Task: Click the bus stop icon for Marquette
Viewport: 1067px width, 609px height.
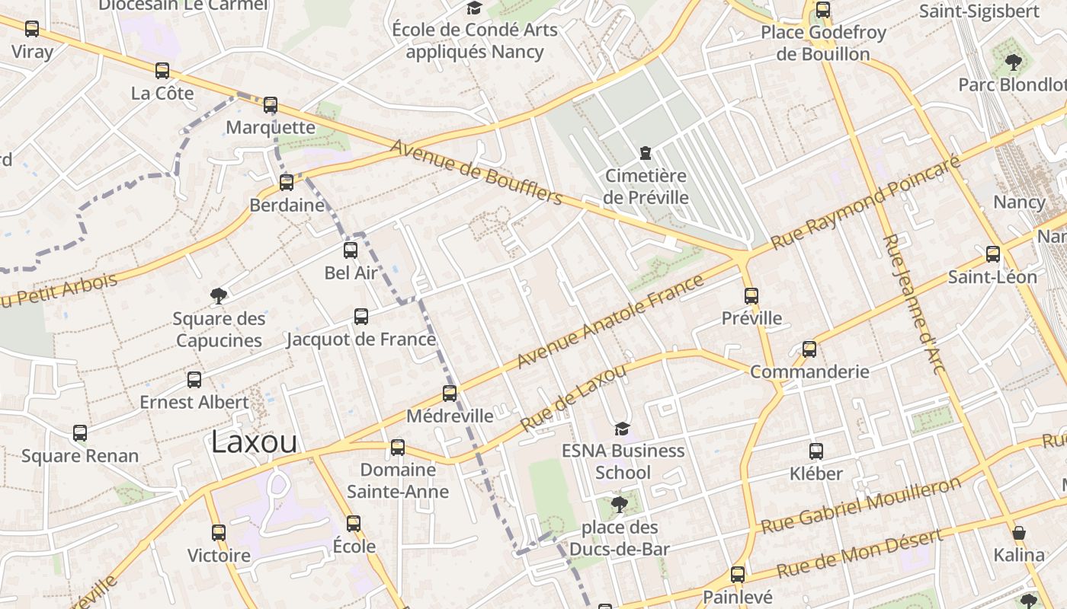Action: tap(271, 105)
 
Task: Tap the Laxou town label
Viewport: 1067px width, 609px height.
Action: tap(254, 442)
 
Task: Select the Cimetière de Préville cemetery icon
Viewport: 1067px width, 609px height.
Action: tap(646, 154)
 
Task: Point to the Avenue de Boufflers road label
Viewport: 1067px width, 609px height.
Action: tap(476, 173)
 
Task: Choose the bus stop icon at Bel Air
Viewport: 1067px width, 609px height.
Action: tap(351, 250)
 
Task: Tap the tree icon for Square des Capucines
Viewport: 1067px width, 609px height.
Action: tap(219, 296)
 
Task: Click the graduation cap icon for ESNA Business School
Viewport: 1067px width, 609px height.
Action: tap(623, 429)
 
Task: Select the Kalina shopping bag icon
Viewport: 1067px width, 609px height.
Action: tap(1019, 532)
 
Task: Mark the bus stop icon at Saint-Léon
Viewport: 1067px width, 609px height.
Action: tap(993, 254)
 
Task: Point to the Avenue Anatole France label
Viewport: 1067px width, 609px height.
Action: tap(610, 322)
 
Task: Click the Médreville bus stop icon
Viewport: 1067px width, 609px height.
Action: tap(450, 394)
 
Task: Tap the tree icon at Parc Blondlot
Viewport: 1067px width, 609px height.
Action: tap(1013, 62)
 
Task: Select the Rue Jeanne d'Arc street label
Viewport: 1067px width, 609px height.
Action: tap(914, 304)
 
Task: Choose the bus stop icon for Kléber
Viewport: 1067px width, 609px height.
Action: tap(816, 451)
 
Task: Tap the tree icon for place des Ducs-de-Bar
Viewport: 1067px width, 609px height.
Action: tap(619, 505)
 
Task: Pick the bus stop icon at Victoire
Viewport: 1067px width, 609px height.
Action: tap(219, 533)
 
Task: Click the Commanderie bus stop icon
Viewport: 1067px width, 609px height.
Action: tap(809, 349)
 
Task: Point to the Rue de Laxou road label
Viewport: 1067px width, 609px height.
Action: tap(573, 397)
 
